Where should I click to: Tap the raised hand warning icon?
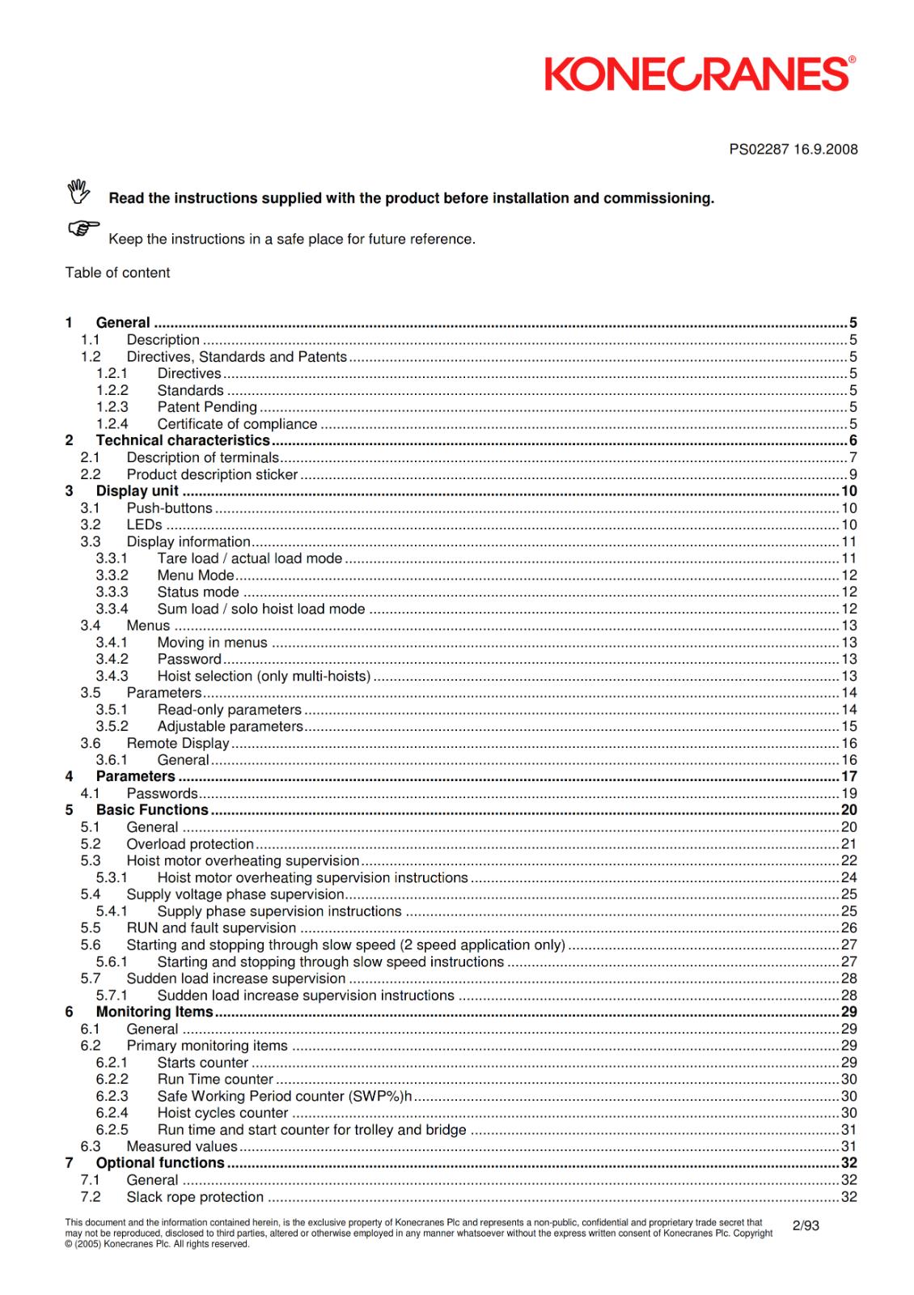click(x=78, y=192)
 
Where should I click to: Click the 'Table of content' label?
click(x=117, y=273)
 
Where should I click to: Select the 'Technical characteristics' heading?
click(x=183, y=440)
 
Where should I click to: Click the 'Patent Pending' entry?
click(x=207, y=407)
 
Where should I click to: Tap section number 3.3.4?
click(x=112, y=609)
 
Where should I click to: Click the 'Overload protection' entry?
click(x=190, y=844)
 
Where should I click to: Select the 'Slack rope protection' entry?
click(x=195, y=1197)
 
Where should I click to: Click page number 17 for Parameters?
click(x=848, y=776)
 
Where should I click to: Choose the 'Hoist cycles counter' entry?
click(x=222, y=1113)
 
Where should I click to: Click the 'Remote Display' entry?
click(x=178, y=743)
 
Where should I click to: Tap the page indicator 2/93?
click(x=806, y=1225)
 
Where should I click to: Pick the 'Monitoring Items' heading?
click(x=154, y=1012)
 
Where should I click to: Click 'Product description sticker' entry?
click(x=212, y=474)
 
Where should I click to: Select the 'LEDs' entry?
click(x=144, y=524)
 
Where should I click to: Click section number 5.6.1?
click(x=112, y=962)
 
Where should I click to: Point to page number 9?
click(x=853, y=474)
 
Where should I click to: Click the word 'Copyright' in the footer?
click(x=752, y=1233)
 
